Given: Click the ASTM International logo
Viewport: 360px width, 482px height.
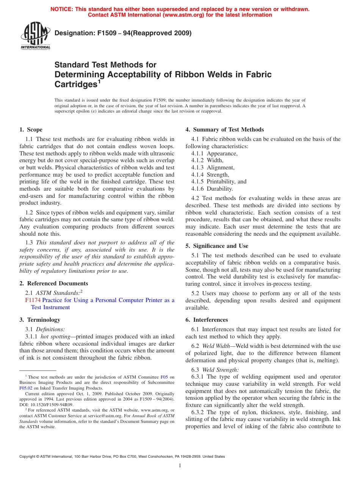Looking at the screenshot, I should pos(35,36).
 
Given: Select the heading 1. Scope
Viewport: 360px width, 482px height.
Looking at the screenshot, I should pos(31,130).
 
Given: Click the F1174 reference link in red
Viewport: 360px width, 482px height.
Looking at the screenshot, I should pos(33,300).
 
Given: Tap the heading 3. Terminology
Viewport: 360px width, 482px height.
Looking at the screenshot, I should pos(40,320).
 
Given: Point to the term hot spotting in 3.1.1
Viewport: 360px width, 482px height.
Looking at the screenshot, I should pos(55,336).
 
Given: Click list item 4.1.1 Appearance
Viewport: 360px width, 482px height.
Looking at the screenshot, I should pos(214,153).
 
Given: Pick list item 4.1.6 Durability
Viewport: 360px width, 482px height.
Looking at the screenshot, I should pos(212,189).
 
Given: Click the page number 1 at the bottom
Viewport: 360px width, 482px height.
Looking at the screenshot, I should pos(180,466).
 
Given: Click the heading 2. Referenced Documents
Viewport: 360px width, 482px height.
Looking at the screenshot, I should pos(54,283).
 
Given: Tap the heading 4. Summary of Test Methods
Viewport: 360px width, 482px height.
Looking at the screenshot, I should pos(225,130).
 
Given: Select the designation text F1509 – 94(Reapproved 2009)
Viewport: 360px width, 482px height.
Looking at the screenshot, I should pos(123,33).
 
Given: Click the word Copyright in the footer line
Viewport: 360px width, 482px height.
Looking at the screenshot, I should pos(27,457).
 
